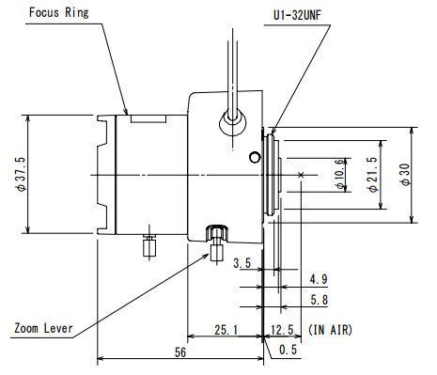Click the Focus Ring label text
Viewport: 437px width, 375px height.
(x=58, y=12)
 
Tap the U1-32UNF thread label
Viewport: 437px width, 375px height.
(x=297, y=15)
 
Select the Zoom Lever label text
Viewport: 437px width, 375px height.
(x=43, y=328)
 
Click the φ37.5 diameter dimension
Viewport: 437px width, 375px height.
(x=21, y=174)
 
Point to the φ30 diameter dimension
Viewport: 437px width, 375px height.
(x=405, y=174)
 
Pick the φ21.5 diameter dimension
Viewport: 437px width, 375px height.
(x=373, y=174)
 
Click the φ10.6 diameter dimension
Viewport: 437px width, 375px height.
(x=339, y=174)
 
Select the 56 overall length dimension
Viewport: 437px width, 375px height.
(x=180, y=352)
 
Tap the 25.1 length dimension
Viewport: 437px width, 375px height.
(x=226, y=330)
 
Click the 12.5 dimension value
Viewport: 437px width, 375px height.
(x=282, y=330)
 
